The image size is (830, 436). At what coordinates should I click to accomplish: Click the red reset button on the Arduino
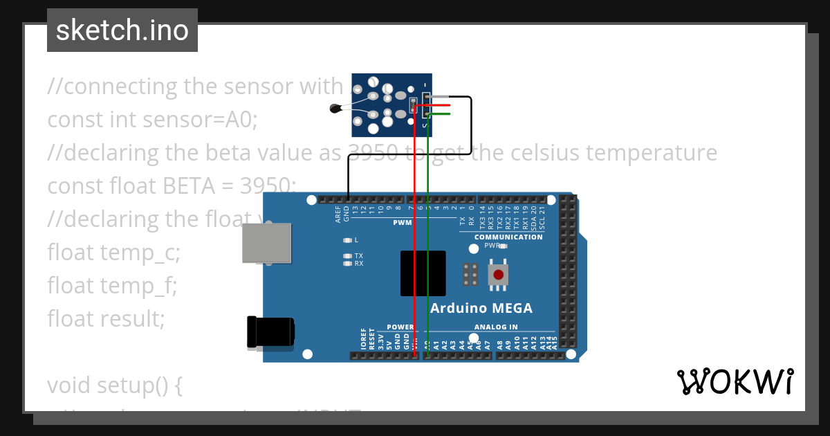point(498,274)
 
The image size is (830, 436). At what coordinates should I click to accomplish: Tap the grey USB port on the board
point(266,243)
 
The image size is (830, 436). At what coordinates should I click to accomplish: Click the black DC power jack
point(270,331)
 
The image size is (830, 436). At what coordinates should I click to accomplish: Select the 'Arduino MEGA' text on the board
point(481,308)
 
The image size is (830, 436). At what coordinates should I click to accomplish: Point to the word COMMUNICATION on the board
point(508,237)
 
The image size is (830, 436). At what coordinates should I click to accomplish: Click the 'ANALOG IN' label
point(496,327)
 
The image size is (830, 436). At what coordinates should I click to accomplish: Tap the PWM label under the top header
point(403,223)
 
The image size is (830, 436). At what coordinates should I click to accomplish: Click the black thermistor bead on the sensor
point(336,107)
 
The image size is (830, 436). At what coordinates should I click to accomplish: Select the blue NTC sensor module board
point(392,105)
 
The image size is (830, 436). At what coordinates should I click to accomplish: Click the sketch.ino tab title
point(122,30)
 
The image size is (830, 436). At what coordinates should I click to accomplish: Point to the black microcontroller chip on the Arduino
point(423,273)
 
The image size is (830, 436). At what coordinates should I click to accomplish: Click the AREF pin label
point(338,215)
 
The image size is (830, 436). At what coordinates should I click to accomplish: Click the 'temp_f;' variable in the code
point(147,284)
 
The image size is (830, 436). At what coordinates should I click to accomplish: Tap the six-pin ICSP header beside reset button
point(471,275)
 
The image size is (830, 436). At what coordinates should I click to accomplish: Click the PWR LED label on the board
point(492,246)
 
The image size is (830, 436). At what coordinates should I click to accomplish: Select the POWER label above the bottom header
point(400,327)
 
